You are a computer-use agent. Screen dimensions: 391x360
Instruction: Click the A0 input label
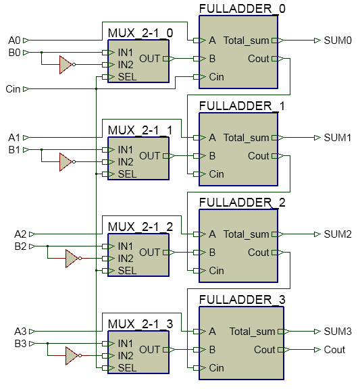[14, 41]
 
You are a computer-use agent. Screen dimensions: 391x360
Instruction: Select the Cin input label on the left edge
[13, 89]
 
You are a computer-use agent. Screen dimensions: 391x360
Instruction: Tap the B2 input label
[20, 246]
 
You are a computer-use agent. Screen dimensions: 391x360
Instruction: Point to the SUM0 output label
[338, 41]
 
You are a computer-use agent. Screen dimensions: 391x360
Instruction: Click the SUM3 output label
[338, 332]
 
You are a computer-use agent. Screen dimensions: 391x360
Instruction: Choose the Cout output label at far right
[334, 350]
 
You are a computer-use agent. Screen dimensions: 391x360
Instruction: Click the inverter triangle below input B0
[65, 65]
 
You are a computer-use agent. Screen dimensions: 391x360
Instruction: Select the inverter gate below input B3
[72, 356]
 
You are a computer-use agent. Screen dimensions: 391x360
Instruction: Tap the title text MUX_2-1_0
[140, 33]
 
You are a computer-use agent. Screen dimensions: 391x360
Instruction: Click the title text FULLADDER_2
[242, 203]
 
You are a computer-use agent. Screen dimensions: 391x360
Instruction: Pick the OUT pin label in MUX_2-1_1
[150, 155]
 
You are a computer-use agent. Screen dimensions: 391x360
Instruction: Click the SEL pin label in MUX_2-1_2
[127, 271]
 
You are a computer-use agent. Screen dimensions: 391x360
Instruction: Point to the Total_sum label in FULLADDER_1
[246, 138]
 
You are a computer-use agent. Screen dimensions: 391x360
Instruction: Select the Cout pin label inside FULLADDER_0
[259, 59]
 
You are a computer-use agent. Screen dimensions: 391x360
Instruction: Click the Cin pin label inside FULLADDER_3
[216, 368]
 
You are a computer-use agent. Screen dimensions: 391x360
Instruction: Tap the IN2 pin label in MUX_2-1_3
[126, 356]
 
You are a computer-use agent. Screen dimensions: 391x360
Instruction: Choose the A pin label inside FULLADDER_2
[212, 234]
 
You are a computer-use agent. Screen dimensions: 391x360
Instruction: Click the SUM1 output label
[338, 138]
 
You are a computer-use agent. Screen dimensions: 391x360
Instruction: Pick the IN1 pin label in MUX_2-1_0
[126, 52]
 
